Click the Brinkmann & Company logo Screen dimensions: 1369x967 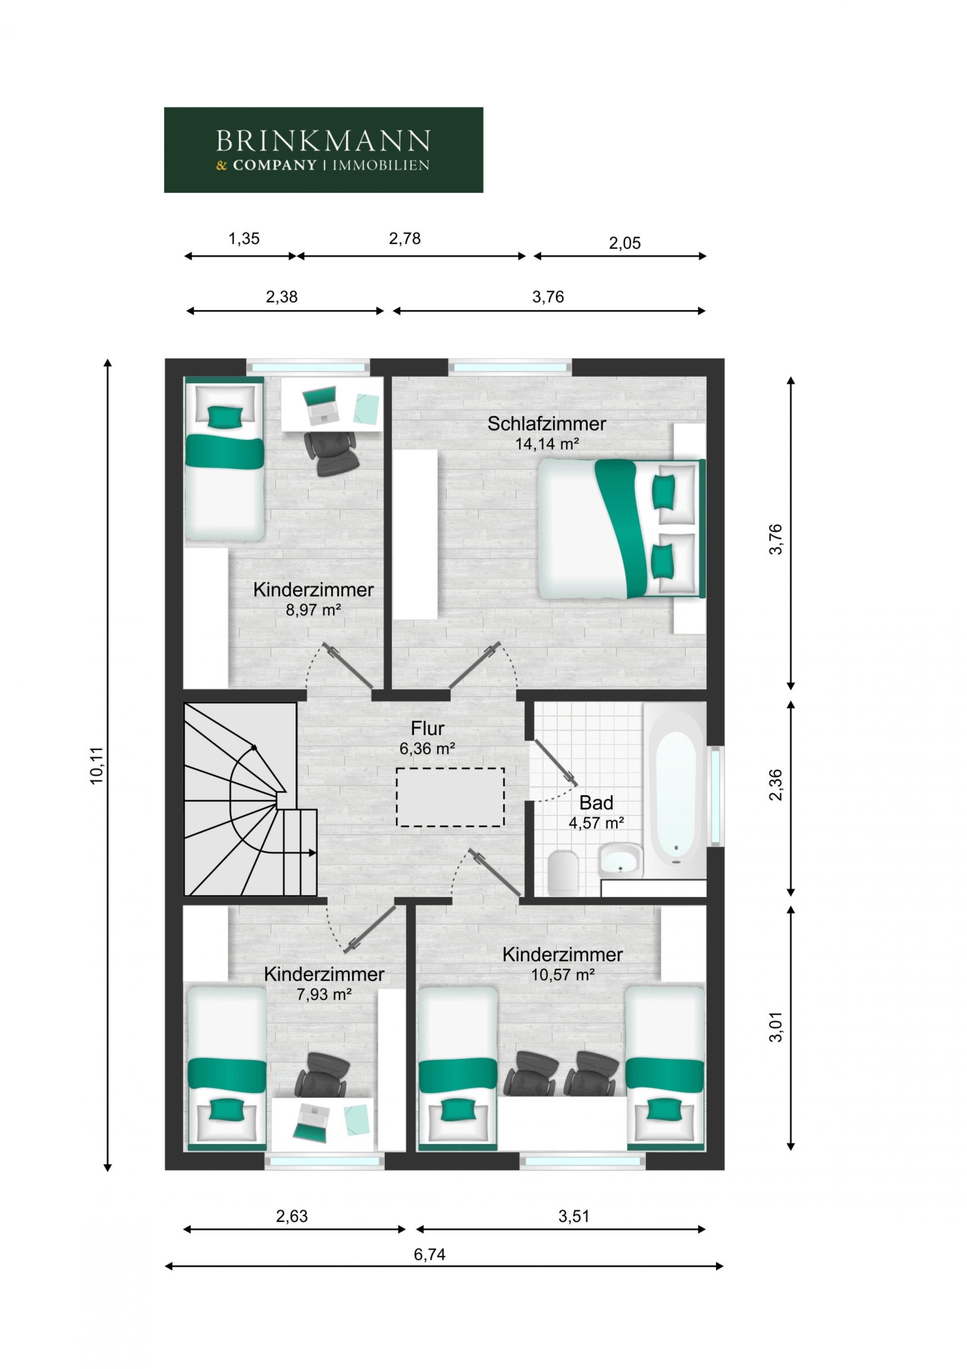point(323,150)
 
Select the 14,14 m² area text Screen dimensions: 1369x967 point(547,444)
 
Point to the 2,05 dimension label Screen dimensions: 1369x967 point(624,243)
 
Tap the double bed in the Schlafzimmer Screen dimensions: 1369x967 point(620,529)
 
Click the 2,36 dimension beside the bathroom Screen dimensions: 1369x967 point(776,785)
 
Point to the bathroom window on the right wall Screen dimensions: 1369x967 point(716,795)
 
